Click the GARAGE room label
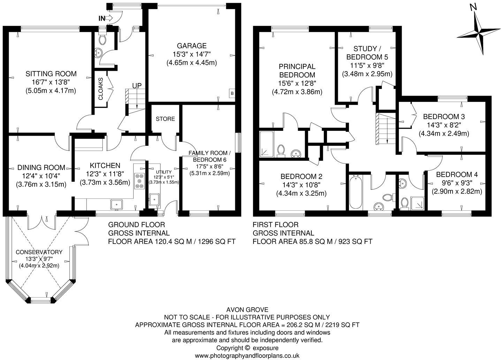[x=191, y=46]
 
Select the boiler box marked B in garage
[x=231, y=93]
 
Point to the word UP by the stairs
[x=137, y=86]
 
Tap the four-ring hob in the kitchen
[x=139, y=181]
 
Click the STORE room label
[x=165, y=119]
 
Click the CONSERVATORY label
[x=39, y=252]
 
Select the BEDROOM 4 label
[x=457, y=175]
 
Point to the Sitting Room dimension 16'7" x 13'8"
[x=51, y=82]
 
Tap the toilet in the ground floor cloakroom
[x=102, y=39]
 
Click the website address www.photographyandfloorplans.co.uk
[x=247, y=356]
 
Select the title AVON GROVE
[x=247, y=309]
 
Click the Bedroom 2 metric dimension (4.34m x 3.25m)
[x=301, y=193]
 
